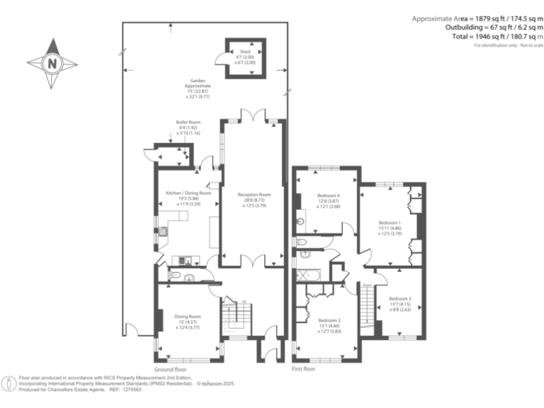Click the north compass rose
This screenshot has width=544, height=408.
tap(52, 63)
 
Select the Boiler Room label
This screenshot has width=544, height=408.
tap(188, 127)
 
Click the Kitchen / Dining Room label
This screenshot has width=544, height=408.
tap(188, 198)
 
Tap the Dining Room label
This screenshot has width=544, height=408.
tap(188, 321)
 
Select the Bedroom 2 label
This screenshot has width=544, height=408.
tap(329, 325)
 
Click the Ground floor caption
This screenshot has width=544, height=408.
tap(170, 369)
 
